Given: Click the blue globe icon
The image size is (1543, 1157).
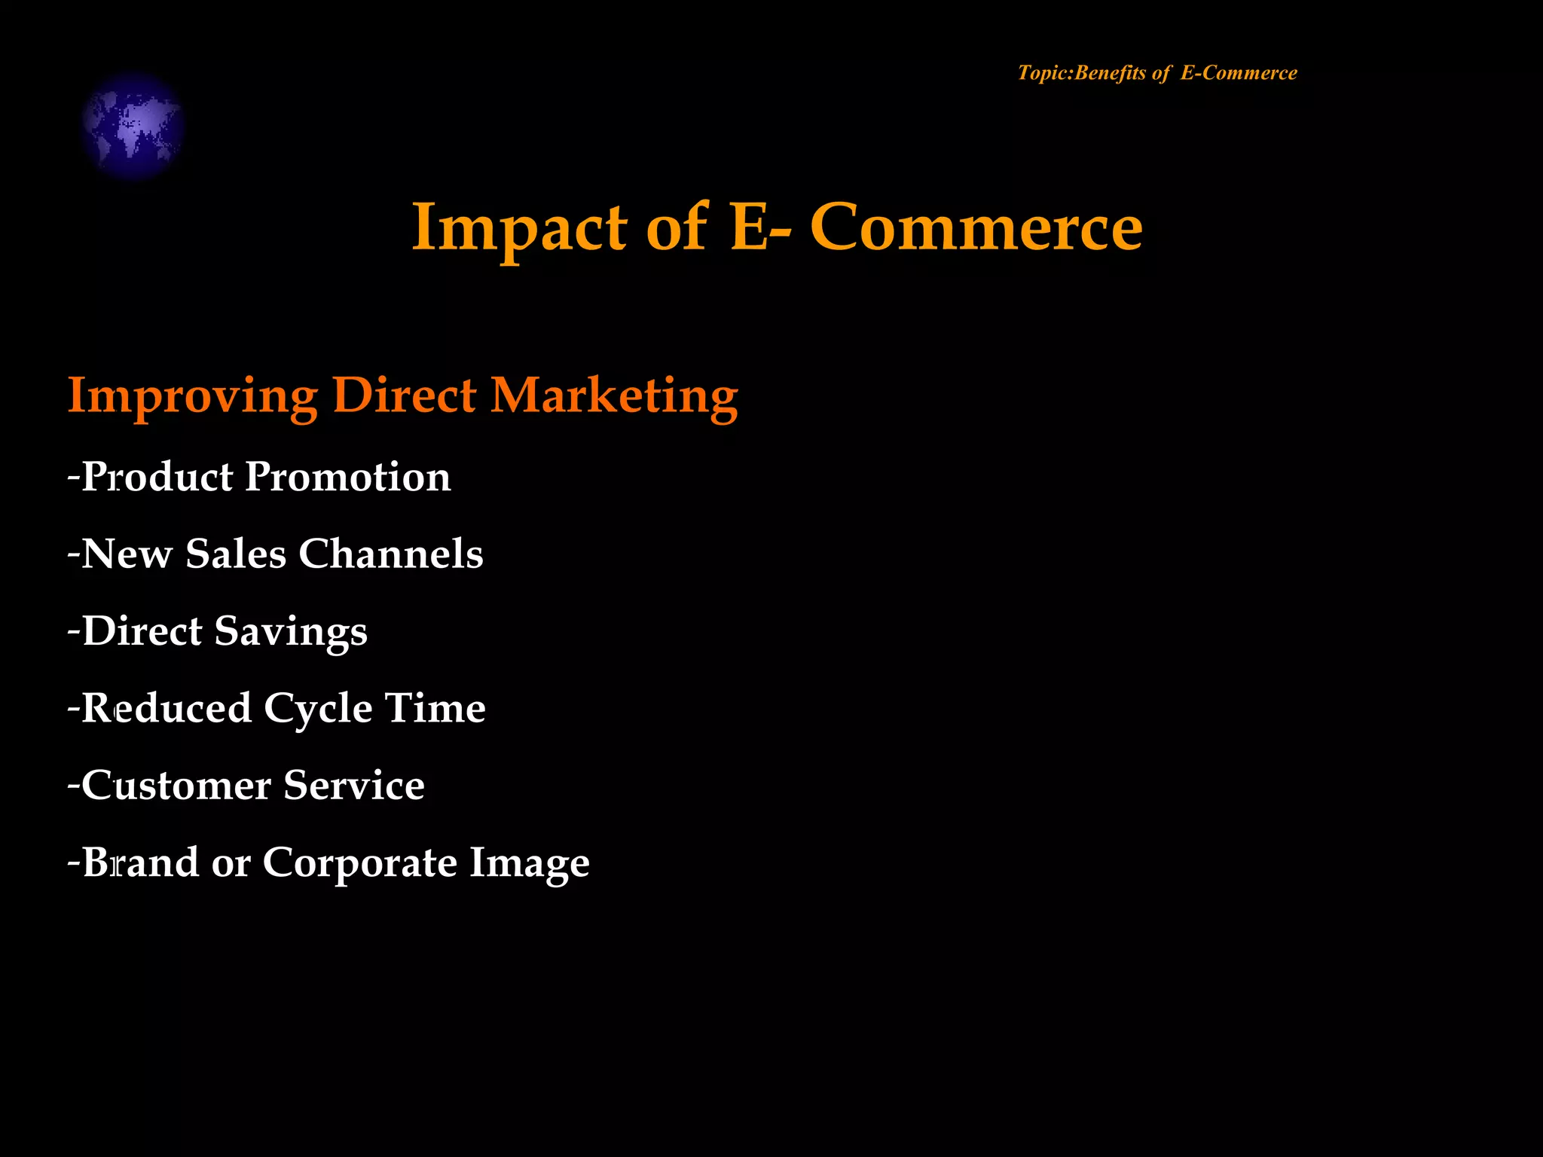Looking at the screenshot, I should (x=133, y=125).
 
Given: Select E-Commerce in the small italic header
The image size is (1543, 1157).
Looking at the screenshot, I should (x=1239, y=73).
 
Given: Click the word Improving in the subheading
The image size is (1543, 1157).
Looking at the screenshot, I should (x=192, y=396).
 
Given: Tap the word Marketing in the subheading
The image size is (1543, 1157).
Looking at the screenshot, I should (x=614, y=396).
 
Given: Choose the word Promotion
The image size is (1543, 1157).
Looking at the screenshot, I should (x=348, y=477).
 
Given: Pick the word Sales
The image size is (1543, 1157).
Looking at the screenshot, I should (x=236, y=554).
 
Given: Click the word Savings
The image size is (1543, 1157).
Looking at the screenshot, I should (x=291, y=632).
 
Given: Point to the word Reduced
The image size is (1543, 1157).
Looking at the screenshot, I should (x=167, y=709).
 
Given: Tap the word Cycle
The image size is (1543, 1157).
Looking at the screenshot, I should (x=318, y=709).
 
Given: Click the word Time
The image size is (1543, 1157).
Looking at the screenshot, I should (x=435, y=709).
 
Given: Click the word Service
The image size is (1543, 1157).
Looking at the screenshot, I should (x=354, y=786).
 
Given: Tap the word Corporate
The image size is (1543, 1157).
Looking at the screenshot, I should (x=359, y=862).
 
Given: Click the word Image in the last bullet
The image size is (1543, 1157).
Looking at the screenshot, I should (x=529, y=862).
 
